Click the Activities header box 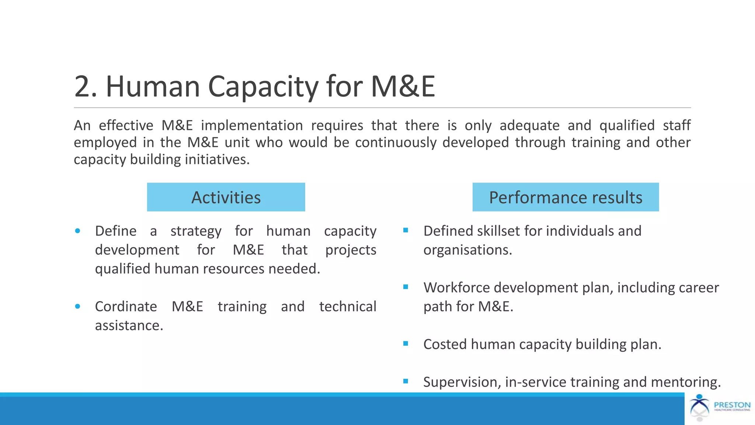pyautogui.click(x=226, y=197)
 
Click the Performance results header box pyautogui.click(x=566, y=197)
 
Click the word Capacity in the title pyautogui.click(x=264, y=87)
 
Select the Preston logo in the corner pyautogui.click(x=719, y=408)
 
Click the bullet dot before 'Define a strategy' pyautogui.click(x=77, y=231)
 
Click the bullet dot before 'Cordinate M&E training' pyautogui.click(x=77, y=306)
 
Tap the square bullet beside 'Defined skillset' pyautogui.click(x=406, y=230)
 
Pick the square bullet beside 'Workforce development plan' pyautogui.click(x=406, y=287)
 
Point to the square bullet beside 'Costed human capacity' pyautogui.click(x=406, y=343)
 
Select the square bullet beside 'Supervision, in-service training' pyautogui.click(x=406, y=381)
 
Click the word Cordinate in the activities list pyautogui.click(x=126, y=307)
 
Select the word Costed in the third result pyautogui.click(x=445, y=344)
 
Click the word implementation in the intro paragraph pyautogui.click(x=252, y=125)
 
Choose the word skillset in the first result pyautogui.click(x=498, y=231)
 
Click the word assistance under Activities pyautogui.click(x=129, y=325)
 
